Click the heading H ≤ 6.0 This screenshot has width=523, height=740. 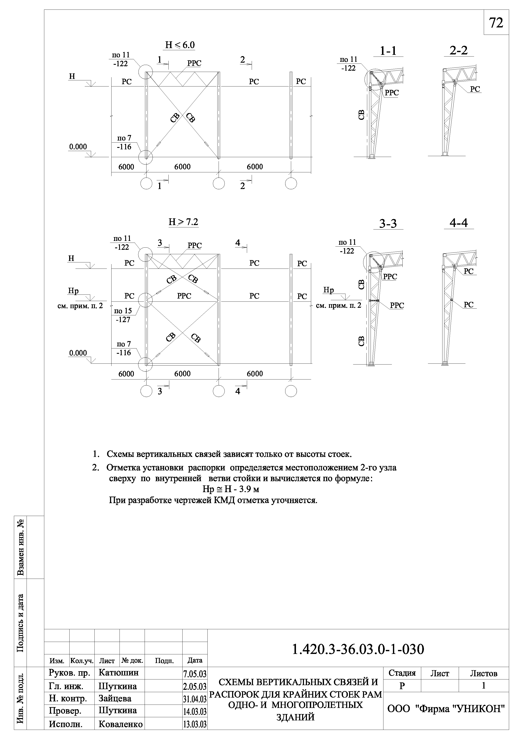pyautogui.click(x=180, y=45)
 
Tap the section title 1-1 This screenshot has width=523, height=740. pyautogui.click(x=388, y=51)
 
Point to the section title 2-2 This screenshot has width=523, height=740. pyautogui.click(x=458, y=51)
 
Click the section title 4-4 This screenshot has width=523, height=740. pyautogui.click(x=458, y=223)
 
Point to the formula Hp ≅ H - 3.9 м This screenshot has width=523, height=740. pyautogui.click(x=231, y=489)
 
